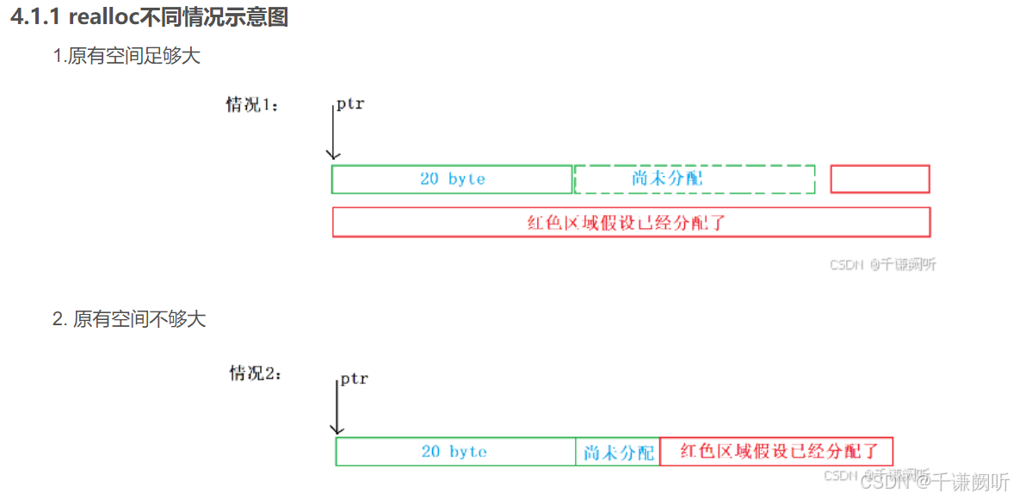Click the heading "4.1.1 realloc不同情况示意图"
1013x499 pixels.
pyautogui.click(x=149, y=18)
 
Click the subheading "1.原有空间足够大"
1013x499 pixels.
pyautogui.click(x=127, y=57)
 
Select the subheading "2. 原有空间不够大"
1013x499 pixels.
pyautogui.click(x=129, y=319)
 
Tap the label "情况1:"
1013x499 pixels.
pyautogui.click(x=252, y=105)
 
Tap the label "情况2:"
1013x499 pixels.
pyautogui.click(x=255, y=373)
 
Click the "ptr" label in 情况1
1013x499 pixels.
pyautogui.click(x=350, y=104)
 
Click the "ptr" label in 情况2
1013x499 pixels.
pyautogui.click(x=354, y=379)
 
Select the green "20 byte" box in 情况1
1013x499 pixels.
pyautogui.click(x=452, y=179)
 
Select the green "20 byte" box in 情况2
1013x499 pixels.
pyautogui.click(x=455, y=452)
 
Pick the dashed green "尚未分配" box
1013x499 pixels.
pyautogui.click(x=694, y=179)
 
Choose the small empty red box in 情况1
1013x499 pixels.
pyautogui.click(x=880, y=179)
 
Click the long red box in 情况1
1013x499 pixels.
pyautogui.click(x=631, y=222)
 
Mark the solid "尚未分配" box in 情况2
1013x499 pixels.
pyautogui.click(x=618, y=452)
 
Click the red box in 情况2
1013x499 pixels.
pyautogui.click(x=776, y=451)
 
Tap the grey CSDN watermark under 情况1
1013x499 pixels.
pyautogui.click(x=882, y=265)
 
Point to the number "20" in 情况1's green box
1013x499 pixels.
pyautogui.click(x=429, y=179)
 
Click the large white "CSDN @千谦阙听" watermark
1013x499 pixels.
pyautogui.click(x=935, y=482)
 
